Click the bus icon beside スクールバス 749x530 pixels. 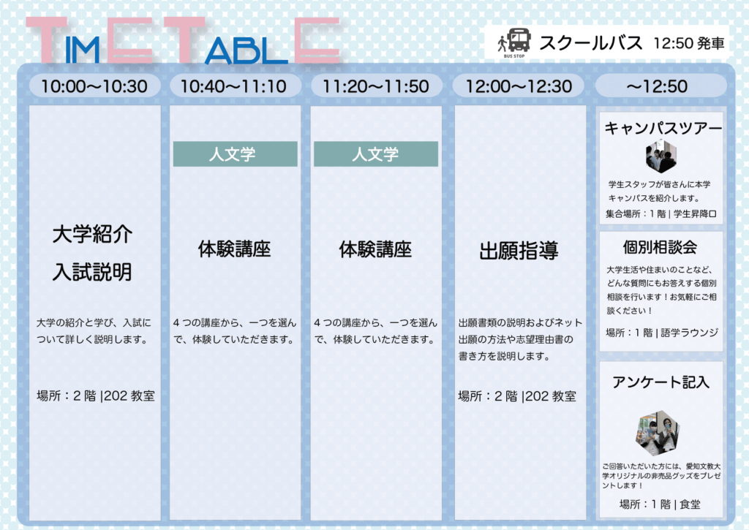point(519,40)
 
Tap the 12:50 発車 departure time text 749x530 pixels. point(689,43)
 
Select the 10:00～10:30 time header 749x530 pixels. point(94,86)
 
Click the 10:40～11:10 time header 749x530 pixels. point(233,86)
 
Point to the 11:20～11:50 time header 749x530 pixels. point(376,86)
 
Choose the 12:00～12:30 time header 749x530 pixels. point(519,86)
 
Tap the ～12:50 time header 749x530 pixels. point(657,86)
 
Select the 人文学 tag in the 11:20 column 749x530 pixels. point(376,154)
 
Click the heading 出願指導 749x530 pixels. point(519,251)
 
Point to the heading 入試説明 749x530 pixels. point(92,272)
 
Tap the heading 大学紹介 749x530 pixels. point(92,234)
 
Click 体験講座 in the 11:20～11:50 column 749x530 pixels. point(375,249)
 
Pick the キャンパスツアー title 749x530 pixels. point(663,128)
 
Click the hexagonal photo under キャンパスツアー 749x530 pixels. point(661,156)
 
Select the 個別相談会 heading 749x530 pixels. point(660,247)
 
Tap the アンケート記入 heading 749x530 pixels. point(660,382)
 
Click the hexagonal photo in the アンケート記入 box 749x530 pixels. point(658,433)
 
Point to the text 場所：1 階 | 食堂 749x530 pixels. point(660,504)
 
